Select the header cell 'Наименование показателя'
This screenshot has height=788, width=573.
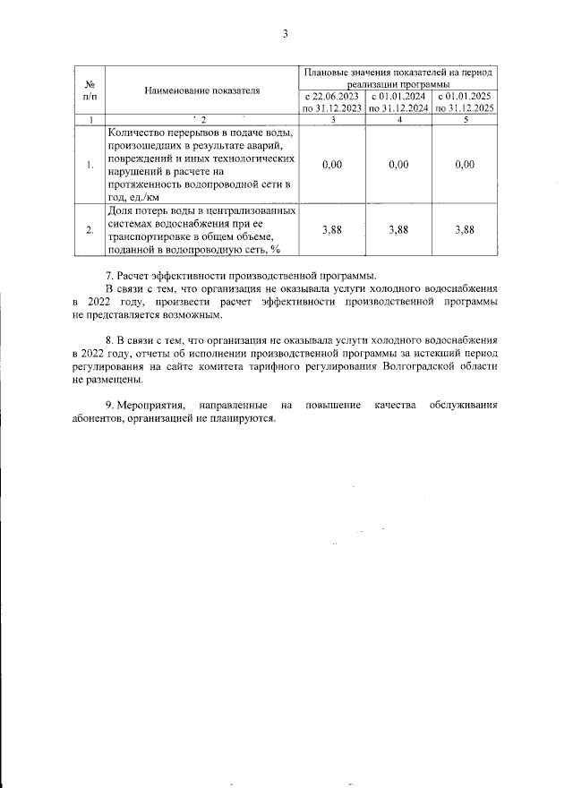point(201,90)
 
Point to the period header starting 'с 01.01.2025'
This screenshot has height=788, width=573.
point(465,101)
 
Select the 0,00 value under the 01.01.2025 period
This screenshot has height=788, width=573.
point(465,164)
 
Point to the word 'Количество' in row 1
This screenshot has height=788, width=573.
point(137,133)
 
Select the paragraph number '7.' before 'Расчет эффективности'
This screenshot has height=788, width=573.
point(110,275)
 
